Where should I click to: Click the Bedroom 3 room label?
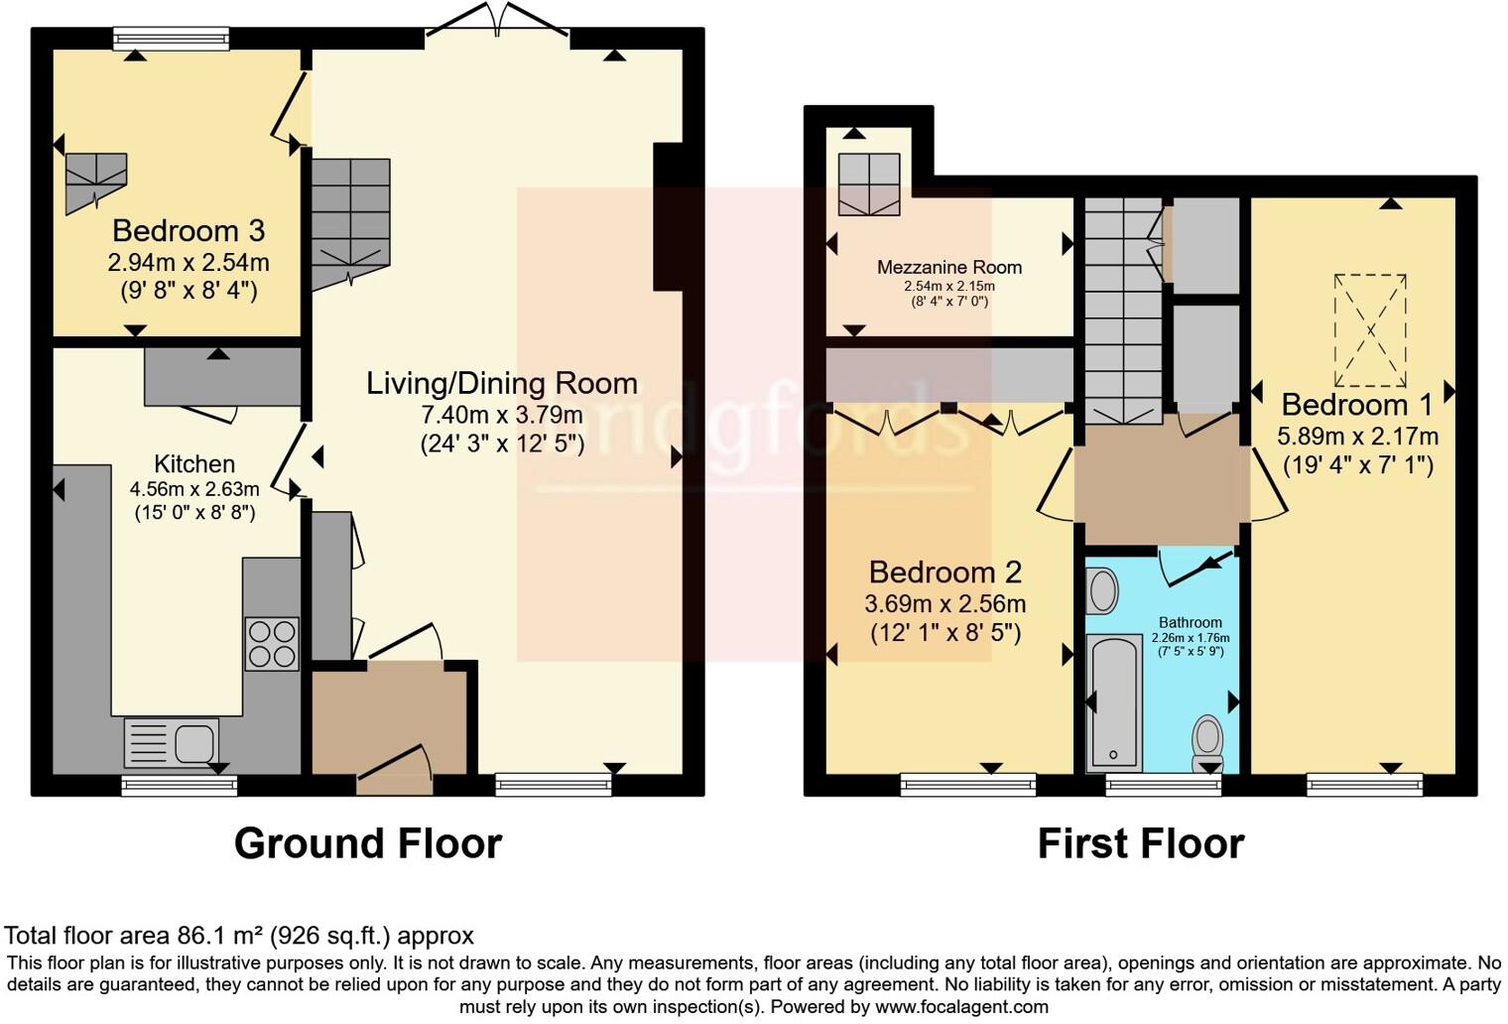coord(188,231)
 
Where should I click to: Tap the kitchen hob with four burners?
coord(271,644)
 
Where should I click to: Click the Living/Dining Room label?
coord(501,383)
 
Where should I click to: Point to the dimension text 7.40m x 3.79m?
coord(501,415)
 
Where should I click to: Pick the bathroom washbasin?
coord(1102,590)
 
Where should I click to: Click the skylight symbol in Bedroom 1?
coord(1370,329)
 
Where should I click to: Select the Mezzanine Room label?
coord(948,267)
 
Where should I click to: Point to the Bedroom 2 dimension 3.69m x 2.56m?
coord(944,603)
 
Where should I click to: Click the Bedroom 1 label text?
coord(1356,405)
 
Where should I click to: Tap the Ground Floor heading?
coord(368,843)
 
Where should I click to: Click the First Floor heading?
coord(1140,843)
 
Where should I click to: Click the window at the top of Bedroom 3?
coord(171,39)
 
